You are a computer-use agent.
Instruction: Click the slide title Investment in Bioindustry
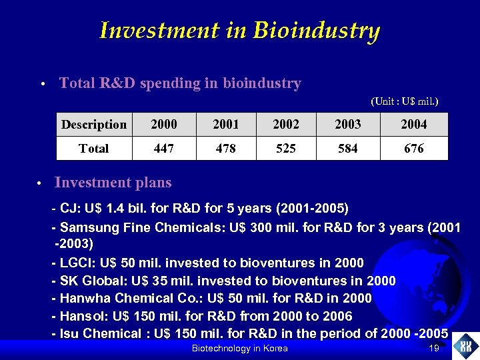pyautogui.click(x=239, y=31)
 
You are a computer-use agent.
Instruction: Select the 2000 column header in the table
pyautogui.click(x=164, y=125)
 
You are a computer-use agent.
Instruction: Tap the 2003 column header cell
pyautogui.click(x=348, y=125)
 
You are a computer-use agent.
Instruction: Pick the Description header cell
pyautogui.click(x=94, y=125)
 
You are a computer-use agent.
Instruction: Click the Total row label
pyautogui.click(x=94, y=148)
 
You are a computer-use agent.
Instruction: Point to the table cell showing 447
pyautogui.click(x=164, y=148)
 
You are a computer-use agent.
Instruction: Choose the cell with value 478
pyautogui.click(x=226, y=148)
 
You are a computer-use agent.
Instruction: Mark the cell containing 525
pyautogui.click(x=286, y=148)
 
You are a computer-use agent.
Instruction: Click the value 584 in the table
pyautogui.click(x=348, y=148)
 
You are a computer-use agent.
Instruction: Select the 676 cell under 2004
pyautogui.click(x=414, y=148)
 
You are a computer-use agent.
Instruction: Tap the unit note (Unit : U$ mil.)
pyautogui.click(x=404, y=101)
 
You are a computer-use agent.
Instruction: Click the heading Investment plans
pyautogui.click(x=113, y=183)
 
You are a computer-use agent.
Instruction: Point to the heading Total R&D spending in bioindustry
pyautogui.click(x=180, y=83)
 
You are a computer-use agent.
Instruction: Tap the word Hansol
pyautogui.click(x=80, y=315)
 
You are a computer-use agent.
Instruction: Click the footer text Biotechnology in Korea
pyautogui.click(x=239, y=349)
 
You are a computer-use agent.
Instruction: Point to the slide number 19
pyautogui.click(x=433, y=349)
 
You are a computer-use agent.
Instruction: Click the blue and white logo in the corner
pyautogui.click(x=465, y=346)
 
